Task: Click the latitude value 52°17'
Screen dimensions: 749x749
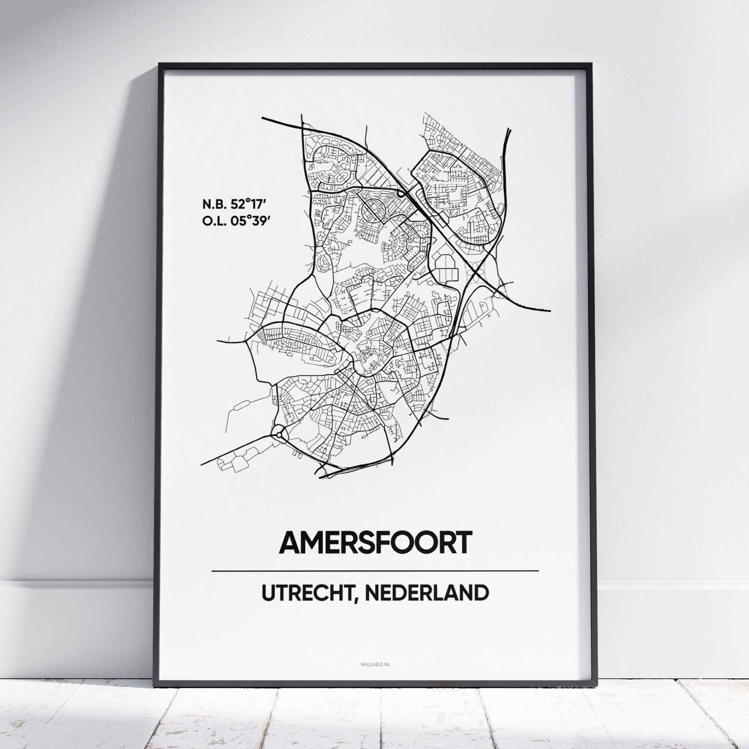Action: (249, 204)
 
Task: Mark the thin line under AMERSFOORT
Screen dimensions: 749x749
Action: (374, 571)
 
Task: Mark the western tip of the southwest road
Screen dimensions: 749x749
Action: (202, 464)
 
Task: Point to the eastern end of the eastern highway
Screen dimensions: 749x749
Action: (550, 311)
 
